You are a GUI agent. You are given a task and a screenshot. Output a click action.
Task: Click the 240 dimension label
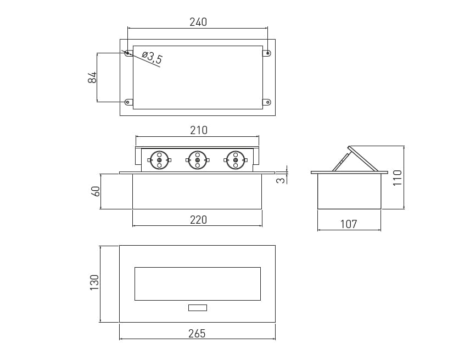click(198, 22)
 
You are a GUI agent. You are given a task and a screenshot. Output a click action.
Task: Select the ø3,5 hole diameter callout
click(152, 58)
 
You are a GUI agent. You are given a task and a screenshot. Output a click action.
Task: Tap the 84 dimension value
click(92, 77)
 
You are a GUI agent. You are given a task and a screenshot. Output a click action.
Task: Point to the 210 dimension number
click(199, 130)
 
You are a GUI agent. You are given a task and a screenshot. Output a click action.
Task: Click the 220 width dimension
click(198, 220)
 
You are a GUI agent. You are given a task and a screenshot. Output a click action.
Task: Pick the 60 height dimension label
click(96, 191)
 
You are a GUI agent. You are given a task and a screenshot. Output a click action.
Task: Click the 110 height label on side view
click(397, 178)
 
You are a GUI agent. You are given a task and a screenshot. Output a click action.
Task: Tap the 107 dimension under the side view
click(349, 224)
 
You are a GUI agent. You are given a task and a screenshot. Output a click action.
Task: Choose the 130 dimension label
click(94, 283)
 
